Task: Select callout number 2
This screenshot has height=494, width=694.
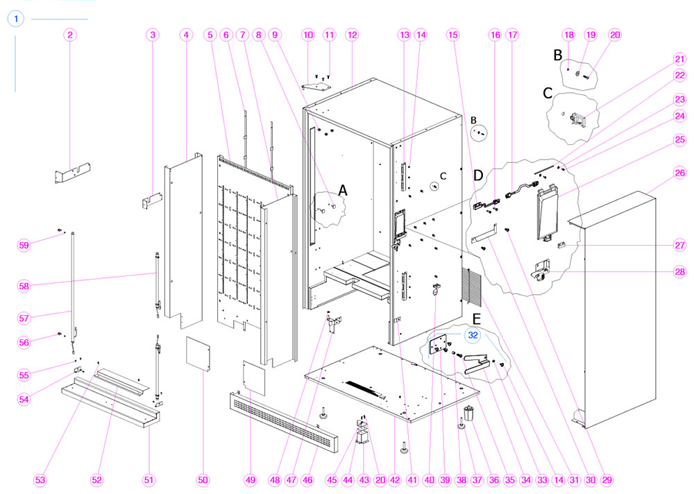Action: [70, 34]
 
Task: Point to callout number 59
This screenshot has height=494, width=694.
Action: [25, 244]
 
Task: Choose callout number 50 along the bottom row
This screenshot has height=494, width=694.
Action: [203, 479]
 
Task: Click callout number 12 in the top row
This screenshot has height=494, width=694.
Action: [352, 34]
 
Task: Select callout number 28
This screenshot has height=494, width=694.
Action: [679, 272]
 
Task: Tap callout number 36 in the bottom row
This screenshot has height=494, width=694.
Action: [493, 479]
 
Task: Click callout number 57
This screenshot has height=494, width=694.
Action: [25, 318]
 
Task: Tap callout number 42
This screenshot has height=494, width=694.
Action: [395, 479]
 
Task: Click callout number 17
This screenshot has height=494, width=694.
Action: [513, 34]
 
